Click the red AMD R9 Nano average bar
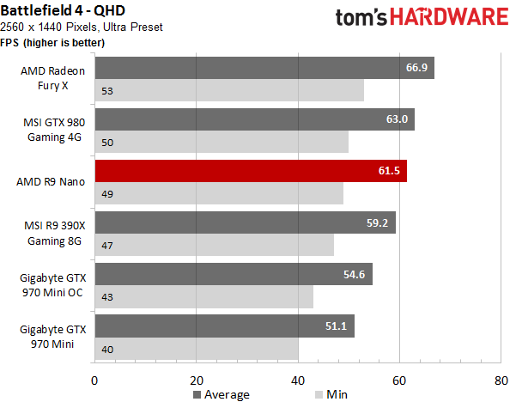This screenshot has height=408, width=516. pos(251,171)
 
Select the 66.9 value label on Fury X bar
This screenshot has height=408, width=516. pos(416,68)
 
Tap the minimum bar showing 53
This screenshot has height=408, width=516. pos(229,90)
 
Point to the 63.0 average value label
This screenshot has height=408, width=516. pos(397,119)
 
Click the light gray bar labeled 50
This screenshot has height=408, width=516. pos(222,142)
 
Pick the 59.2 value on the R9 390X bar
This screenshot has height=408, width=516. pos(377,223)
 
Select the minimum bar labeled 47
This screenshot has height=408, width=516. pos(215,245)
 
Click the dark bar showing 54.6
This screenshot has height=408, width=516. pos(234,274)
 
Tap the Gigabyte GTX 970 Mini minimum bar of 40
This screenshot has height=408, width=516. pos(197,349)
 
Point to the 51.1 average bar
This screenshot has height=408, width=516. pos(225,326)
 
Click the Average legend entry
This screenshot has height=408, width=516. pos(222,394)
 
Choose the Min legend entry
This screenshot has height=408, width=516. pos(331,394)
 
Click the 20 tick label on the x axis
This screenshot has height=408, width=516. pos(197,381)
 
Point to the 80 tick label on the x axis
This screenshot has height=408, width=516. pos(501,381)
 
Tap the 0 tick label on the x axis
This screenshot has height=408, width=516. pos(94,381)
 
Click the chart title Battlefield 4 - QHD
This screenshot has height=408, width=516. pos(63,10)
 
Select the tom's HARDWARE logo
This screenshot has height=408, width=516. pos(422,17)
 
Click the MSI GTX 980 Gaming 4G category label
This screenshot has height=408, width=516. pos(54,130)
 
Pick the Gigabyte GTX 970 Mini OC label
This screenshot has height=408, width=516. pos(52,285)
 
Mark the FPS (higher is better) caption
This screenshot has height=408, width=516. pos(52,43)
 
